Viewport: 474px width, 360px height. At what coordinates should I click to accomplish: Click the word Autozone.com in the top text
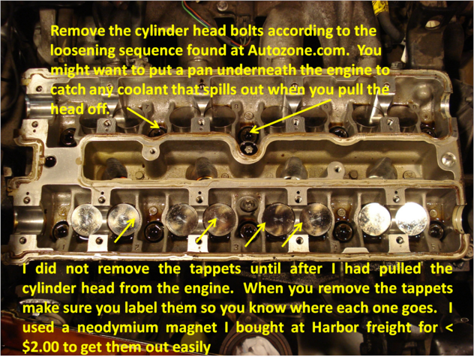[297, 50]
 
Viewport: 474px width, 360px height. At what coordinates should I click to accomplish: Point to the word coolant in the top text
[143, 89]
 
